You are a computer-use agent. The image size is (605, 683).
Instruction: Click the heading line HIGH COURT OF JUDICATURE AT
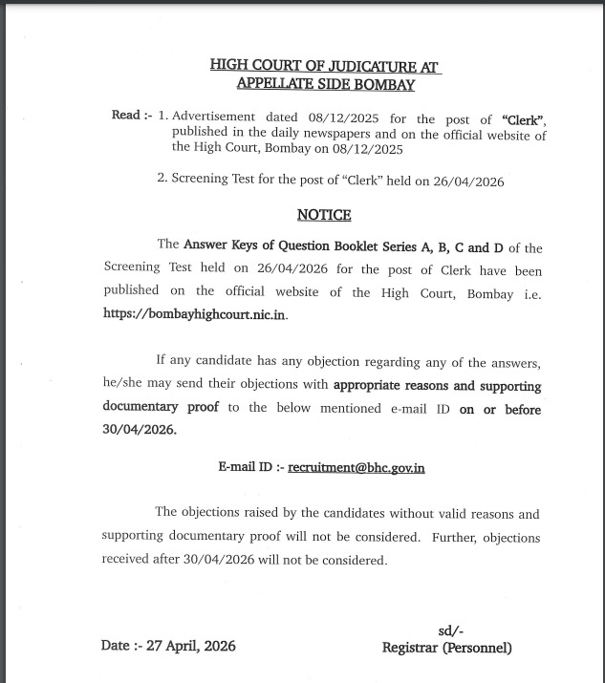[x=325, y=66]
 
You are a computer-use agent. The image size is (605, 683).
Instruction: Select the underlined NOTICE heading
[x=324, y=215]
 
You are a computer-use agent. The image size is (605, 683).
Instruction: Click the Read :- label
[x=132, y=116]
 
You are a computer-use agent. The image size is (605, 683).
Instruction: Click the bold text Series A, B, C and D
[x=442, y=246]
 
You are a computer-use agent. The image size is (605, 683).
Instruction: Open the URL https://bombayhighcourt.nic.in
[x=195, y=313]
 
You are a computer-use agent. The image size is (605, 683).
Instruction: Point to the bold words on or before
[x=499, y=409]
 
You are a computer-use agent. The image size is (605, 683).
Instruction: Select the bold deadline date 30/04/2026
[x=139, y=430]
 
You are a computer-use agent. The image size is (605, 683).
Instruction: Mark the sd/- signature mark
[x=450, y=631]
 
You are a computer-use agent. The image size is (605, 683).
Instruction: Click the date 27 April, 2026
[x=193, y=646]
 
